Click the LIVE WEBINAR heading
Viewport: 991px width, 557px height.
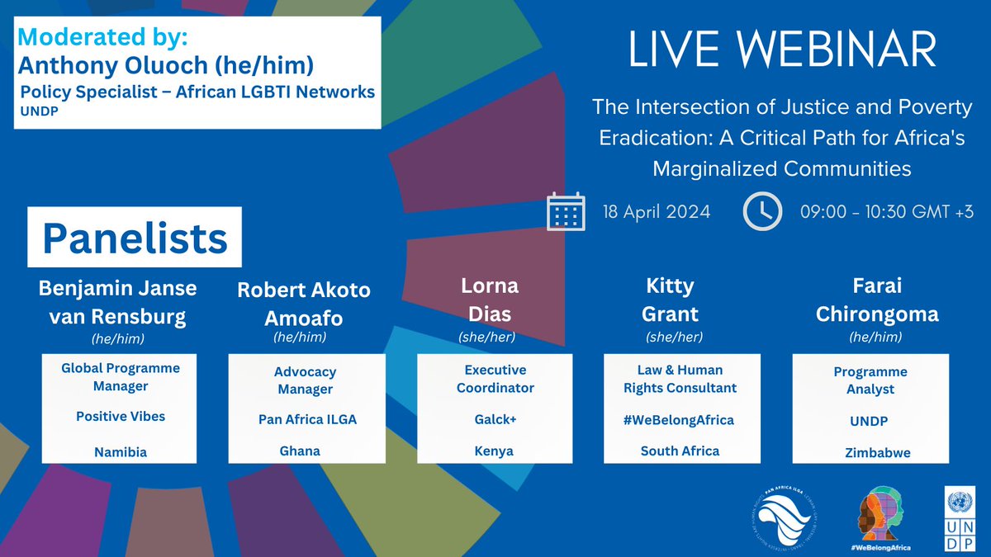pos(782,51)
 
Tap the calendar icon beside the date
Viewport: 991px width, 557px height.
pos(566,211)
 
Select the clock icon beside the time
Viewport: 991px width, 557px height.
pos(762,211)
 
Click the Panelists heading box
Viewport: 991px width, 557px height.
pos(135,238)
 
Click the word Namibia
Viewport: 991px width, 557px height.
pos(121,451)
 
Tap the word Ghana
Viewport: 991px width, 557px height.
pos(300,451)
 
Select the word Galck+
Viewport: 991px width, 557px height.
pos(495,419)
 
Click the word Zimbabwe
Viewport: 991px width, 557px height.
pos(872,452)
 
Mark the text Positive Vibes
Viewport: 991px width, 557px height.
pos(121,417)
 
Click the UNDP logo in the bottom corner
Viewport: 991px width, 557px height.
pos(960,518)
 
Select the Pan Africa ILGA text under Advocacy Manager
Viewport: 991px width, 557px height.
pos(307,419)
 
